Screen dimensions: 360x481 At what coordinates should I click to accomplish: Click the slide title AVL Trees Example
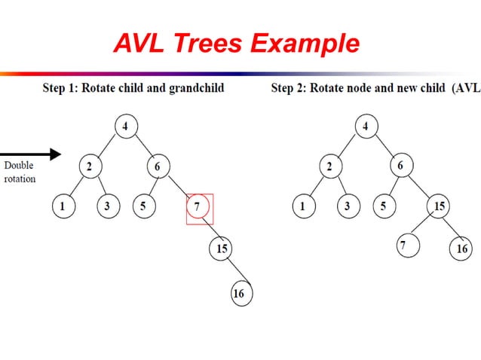coord(236,44)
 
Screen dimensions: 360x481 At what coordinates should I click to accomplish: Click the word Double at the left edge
coord(19,166)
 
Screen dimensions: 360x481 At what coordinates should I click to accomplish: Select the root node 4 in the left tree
coord(125,125)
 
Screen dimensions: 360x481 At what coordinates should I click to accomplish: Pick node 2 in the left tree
coord(89,166)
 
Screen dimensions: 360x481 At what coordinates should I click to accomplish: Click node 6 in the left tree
coord(158,166)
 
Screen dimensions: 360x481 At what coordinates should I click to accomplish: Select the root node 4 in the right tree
coord(366,125)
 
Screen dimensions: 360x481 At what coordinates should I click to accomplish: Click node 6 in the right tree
coord(400,166)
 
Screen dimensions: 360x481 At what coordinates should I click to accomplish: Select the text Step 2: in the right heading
coord(288,89)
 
